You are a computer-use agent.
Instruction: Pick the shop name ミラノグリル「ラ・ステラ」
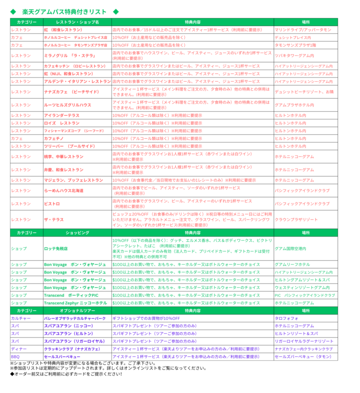point(70,56)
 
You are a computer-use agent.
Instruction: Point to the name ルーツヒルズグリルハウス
point(68,105)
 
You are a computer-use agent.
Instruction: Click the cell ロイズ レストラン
point(62,123)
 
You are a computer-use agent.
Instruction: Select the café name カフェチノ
point(55,139)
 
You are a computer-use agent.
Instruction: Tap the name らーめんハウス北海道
point(64,191)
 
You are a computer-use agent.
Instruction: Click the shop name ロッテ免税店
point(56,249)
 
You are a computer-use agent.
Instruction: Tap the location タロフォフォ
point(285,318)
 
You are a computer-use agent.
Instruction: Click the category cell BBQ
point(15,357)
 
